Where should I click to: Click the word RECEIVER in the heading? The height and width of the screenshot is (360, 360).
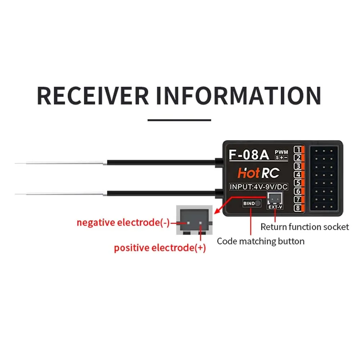[93, 95]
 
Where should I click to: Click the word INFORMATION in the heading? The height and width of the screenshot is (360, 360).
[238, 95]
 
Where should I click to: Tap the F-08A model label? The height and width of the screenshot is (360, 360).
[249, 154]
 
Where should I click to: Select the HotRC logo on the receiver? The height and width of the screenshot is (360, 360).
[258, 174]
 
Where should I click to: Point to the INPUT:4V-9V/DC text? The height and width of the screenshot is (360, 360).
[259, 187]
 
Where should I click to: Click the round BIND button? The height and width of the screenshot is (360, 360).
[257, 203]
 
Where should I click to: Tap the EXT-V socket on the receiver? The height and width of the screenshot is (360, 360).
[275, 199]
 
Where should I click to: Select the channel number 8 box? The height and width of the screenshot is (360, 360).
[298, 208]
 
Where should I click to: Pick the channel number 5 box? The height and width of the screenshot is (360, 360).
[298, 183]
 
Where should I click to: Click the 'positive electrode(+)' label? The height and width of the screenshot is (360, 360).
[160, 248]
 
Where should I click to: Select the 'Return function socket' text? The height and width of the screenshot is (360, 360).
[305, 227]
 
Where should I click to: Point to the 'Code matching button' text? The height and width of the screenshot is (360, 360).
[260, 241]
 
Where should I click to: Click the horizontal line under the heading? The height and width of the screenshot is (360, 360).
[180, 120]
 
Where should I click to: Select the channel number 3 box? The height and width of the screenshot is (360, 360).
[298, 166]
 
